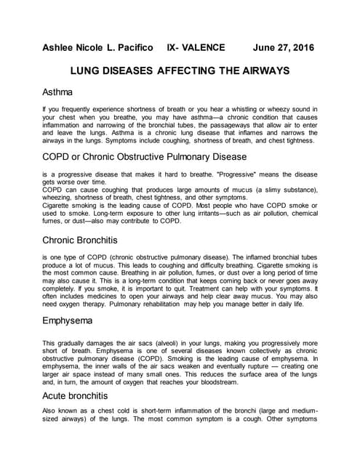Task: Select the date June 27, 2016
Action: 283,48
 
